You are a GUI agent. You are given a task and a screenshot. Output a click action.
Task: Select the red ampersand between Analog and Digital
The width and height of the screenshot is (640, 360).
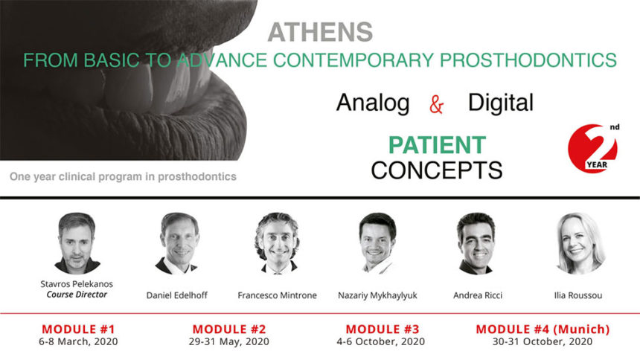[437, 105]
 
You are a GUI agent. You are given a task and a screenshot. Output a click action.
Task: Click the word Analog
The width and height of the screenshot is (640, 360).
[373, 103]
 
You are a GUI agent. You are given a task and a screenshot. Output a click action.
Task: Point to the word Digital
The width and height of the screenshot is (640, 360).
[500, 103]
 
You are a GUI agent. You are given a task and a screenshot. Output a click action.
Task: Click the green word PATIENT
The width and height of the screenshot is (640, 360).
[438, 144]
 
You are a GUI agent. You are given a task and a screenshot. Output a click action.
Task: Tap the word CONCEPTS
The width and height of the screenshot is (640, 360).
[436, 170]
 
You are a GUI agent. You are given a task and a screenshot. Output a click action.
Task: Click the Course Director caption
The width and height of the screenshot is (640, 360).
[77, 294]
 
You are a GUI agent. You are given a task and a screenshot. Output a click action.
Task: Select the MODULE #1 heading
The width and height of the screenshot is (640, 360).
[77, 329]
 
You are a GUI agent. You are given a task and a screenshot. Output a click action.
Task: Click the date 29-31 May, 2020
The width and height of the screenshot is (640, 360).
[229, 341]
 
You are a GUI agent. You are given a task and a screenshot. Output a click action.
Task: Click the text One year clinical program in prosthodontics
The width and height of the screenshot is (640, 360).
[123, 176]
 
